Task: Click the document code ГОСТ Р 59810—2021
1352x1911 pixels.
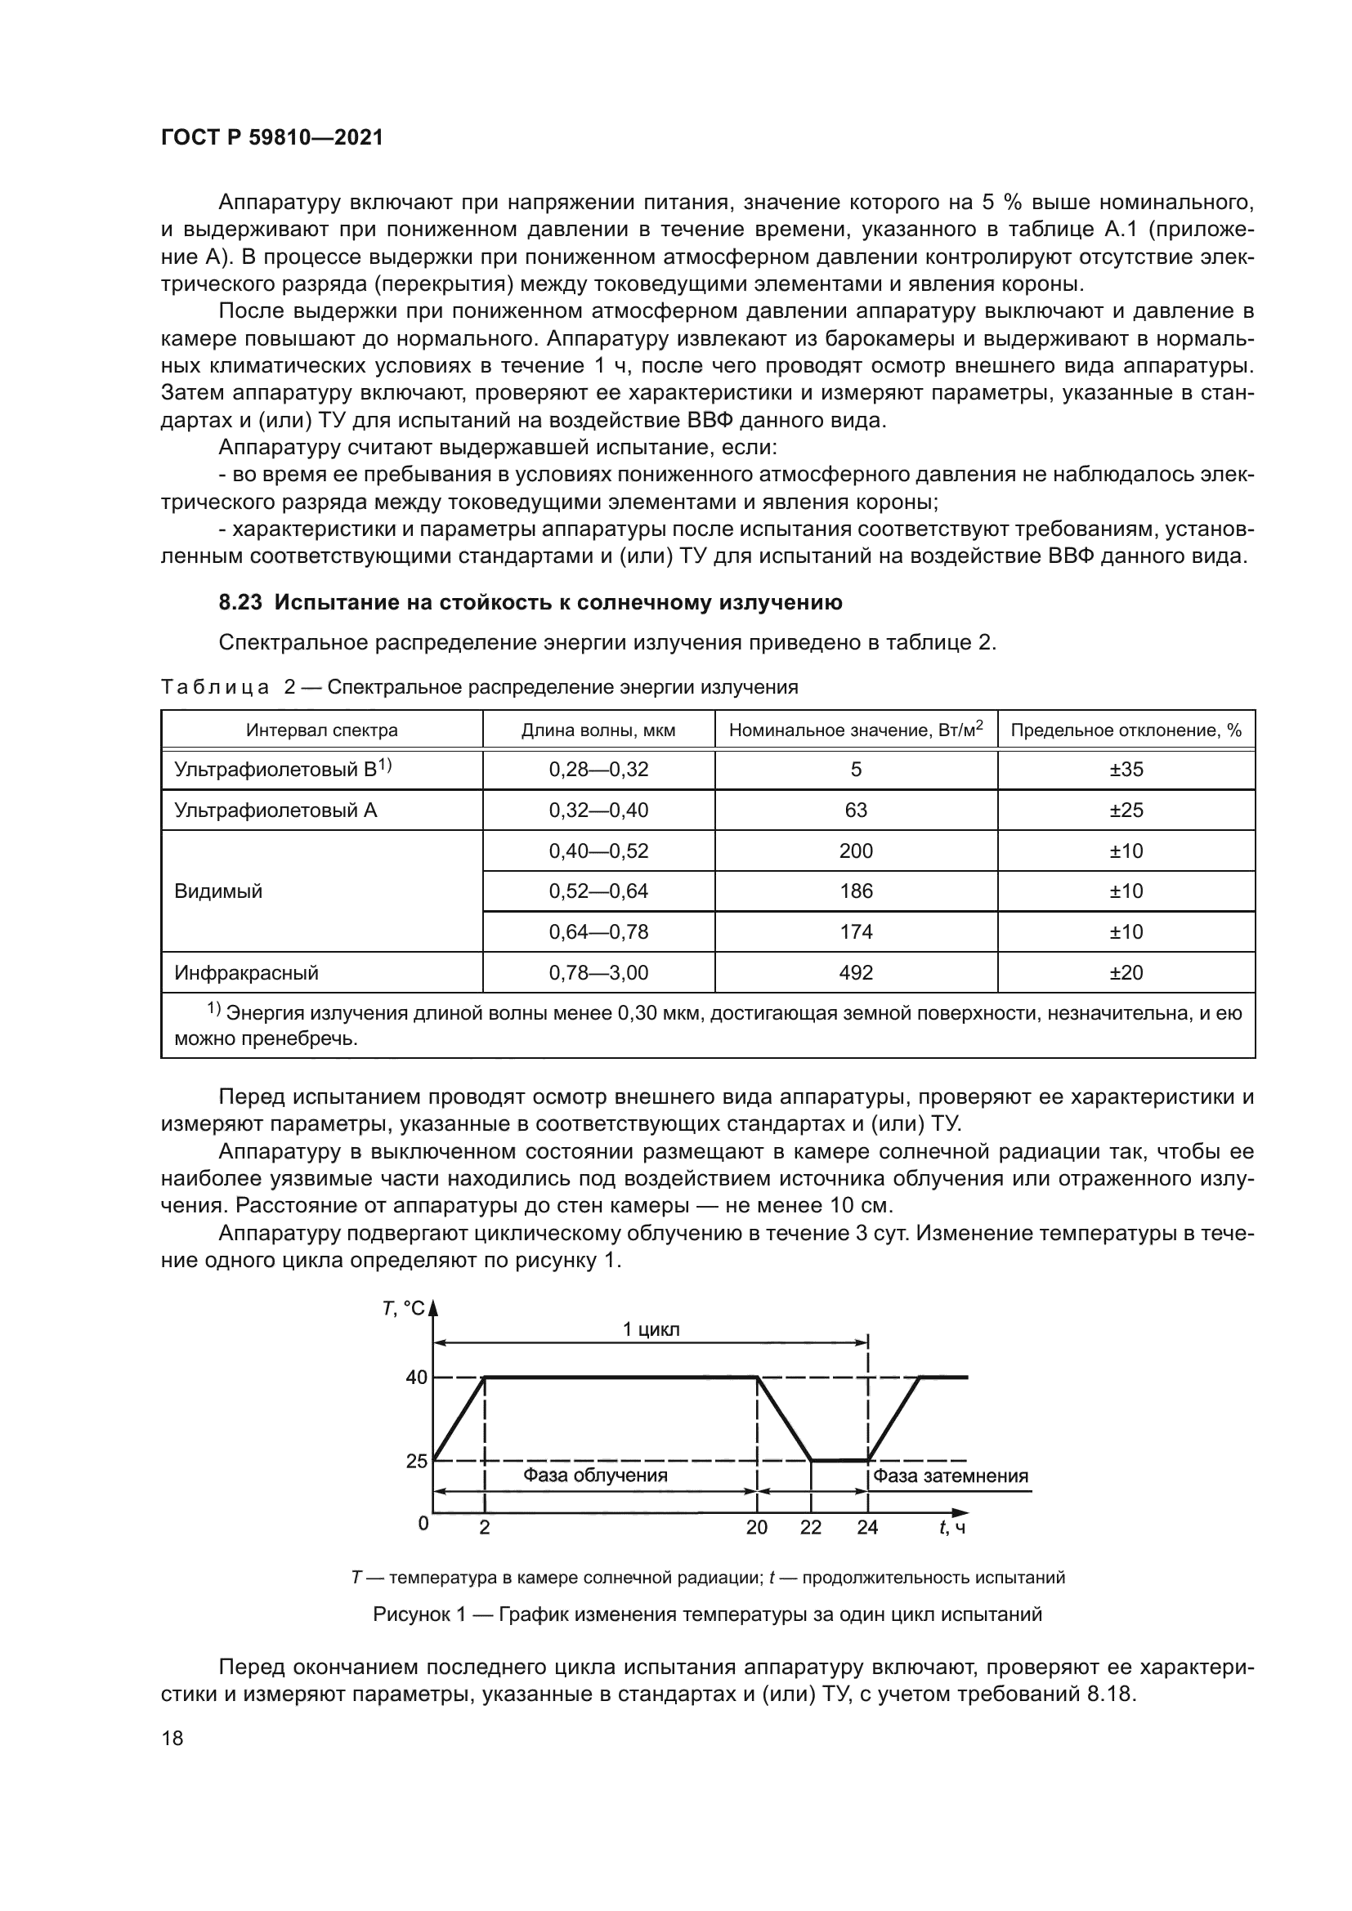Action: tap(272, 137)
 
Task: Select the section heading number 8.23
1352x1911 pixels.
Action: tap(240, 603)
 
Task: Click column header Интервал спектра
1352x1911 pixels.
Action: tap(321, 730)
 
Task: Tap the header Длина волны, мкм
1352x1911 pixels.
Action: tap(598, 730)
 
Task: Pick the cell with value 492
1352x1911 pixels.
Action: tap(856, 972)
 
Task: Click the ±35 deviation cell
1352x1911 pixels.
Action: tap(1126, 770)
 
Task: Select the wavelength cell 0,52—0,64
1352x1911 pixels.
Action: tap(598, 891)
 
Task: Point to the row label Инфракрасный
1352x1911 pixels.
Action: tap(246, 972)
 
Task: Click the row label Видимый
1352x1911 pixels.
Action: tap(218, 891)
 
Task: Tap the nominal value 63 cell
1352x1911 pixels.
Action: tap(856, 810)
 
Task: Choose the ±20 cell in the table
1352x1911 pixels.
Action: tap(1126, 972)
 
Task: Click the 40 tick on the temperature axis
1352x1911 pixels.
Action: tap(416, 1377)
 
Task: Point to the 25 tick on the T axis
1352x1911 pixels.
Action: tap(416, 1461)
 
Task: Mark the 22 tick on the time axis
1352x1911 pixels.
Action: tap(810, 1527)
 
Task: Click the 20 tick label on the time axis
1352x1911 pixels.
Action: tap(756, 1527)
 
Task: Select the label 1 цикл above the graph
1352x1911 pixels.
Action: tap(651, 1329)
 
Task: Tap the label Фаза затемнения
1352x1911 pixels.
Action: tap(951, 1476)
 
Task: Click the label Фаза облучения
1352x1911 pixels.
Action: tap(595, 1476)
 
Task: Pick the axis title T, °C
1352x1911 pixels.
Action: tap(404, 1309)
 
